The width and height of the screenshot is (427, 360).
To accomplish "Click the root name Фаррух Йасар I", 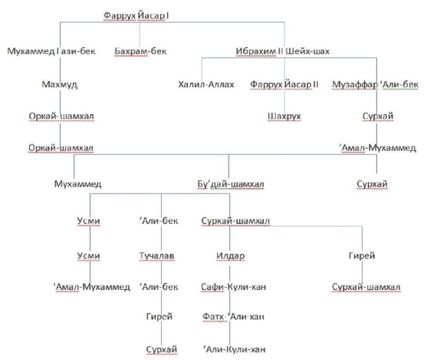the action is [x=136, y=15].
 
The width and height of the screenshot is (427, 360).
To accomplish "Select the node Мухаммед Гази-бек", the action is [x=51, y=51].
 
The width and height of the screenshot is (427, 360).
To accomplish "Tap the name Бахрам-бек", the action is [x=140, y=51].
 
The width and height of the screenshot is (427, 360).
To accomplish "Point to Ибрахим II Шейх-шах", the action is [x=283, y=51].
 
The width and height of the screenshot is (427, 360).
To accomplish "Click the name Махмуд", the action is [x=59, y=84].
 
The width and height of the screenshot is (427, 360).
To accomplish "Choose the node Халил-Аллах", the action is [x=206, y=84].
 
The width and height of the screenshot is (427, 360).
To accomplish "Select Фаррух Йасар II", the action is [x=284, y=84].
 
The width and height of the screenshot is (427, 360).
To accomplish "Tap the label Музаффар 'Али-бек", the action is [x=375, y=84].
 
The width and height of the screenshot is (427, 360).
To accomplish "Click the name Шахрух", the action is [x=284, y=116].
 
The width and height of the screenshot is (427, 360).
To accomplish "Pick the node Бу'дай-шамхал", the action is [x=231, y=184].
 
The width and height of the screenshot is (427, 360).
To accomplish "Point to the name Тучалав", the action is [x=156, y=256].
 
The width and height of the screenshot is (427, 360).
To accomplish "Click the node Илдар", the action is [x=231, y=256].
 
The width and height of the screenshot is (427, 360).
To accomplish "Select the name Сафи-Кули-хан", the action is [x=233, y=287].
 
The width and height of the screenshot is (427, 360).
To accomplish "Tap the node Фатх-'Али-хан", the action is [x=233, y=316].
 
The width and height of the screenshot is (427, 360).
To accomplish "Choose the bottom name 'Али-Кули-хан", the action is [x=234, y=349].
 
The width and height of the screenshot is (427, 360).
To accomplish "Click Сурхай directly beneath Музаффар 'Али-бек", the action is [x=378, y=116].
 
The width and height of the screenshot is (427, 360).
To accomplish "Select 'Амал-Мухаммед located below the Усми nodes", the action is [x=92, y=287].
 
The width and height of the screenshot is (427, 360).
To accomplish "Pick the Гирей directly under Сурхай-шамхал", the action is [x=362, y=256].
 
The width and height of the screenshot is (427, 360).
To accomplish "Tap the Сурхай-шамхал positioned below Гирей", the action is [x=366, y=287].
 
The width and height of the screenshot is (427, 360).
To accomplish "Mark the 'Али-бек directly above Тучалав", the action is [x=159, y=221].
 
